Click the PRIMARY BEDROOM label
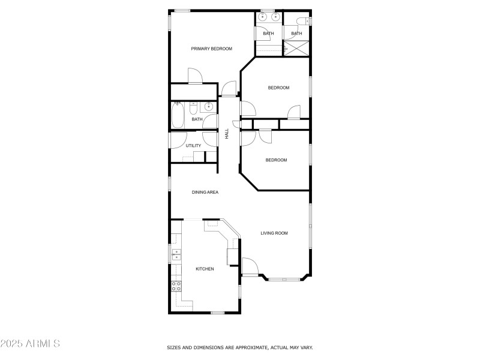click(211, 49)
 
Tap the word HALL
click(227, 134)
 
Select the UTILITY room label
click(193, 146)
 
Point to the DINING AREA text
click(205, 192)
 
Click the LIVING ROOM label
click(274, 233)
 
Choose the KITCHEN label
click(205, 269)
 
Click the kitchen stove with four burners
click(176, 286)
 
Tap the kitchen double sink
click(176, 255)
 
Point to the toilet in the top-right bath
click(304, 22)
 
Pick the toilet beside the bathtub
click(193, 108)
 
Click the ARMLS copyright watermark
click(30, 344)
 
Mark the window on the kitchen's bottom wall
click(217, 313)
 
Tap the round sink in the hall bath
click(208, 107)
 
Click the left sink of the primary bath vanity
click(263, 17)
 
